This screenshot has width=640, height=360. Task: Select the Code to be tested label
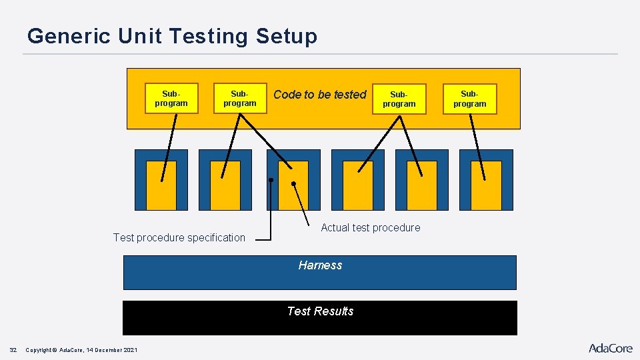[320, 95]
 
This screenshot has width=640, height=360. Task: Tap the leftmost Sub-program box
[171, 99]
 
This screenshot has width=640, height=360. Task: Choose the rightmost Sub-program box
[470, 99]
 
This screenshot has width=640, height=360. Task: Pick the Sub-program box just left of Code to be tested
[240, 99]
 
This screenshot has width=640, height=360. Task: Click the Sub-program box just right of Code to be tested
[399, 99]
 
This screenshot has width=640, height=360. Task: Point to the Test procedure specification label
[179, 237]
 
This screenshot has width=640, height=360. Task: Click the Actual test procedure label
[371, 227]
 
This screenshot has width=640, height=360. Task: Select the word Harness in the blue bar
[320, 265]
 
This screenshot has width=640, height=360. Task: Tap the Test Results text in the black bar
[320, 311]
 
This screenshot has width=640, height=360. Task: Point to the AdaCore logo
[610, 348]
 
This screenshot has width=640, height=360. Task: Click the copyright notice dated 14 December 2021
[81, 350]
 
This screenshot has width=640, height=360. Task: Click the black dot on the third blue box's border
[271, 180]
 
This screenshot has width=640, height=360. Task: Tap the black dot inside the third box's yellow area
[294, 183]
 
